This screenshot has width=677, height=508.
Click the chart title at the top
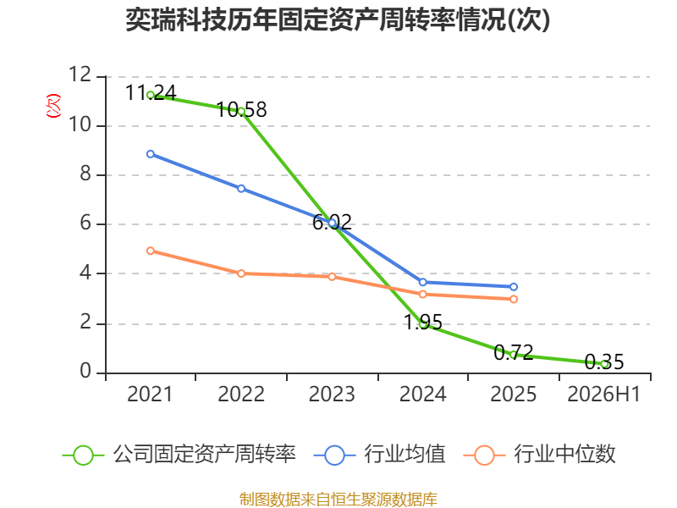coord(338,19)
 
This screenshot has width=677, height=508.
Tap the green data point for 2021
coord(151,95)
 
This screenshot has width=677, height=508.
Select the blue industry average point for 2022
coord(241,188)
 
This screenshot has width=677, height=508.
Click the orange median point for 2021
coord(151,251)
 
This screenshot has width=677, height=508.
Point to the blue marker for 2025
coord(514,287)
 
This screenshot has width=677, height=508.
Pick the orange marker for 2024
coord(422,294)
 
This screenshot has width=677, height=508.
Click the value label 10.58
coord(241,110)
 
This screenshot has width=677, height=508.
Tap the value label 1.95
coord(422,323)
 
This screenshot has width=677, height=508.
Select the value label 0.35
coord(604,362)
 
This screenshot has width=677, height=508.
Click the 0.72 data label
coord(514,353)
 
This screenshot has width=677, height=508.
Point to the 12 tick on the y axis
coord(80,75)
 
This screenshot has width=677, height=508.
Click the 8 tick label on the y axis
coord(85,174)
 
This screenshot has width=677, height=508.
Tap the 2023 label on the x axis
coord(332,394)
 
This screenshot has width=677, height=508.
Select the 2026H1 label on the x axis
coord(603,394)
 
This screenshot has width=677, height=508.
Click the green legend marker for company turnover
coord(83,456)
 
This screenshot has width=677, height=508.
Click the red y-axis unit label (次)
coord(53,106)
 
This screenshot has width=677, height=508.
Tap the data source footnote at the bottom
coord(338,500)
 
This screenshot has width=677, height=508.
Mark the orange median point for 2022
coord(241,273)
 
